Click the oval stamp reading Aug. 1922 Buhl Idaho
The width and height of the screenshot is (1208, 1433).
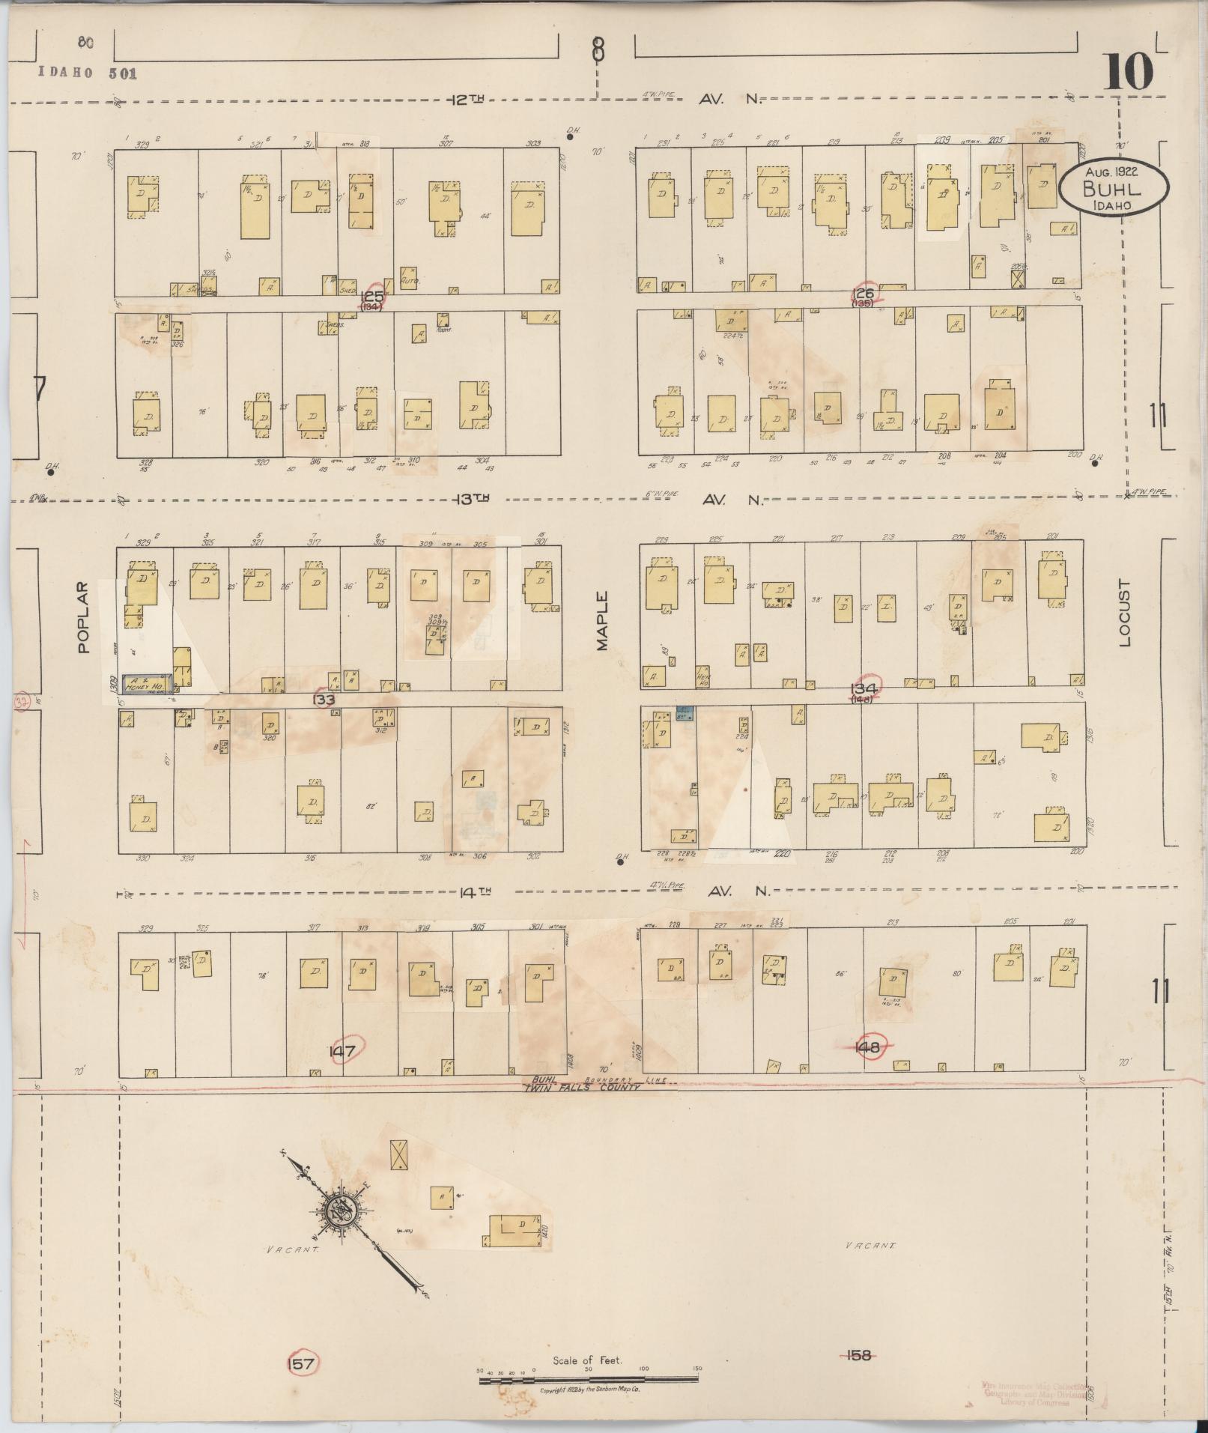(1112, 190)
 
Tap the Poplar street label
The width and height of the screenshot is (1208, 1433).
(83, 617)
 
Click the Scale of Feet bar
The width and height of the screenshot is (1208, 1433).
(588, 1378)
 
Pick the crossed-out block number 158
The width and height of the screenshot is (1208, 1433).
(858, 1354)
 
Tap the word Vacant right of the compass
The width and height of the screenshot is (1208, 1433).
(870, 1245)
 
